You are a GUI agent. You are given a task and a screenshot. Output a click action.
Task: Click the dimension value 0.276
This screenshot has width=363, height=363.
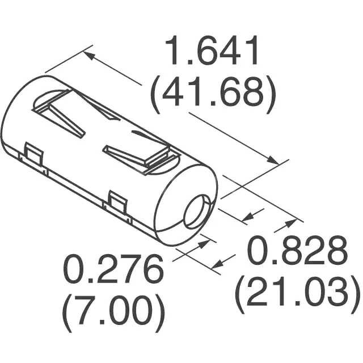coord(112,272)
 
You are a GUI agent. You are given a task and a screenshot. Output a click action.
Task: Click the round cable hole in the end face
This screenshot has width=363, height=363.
coord(196,212)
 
